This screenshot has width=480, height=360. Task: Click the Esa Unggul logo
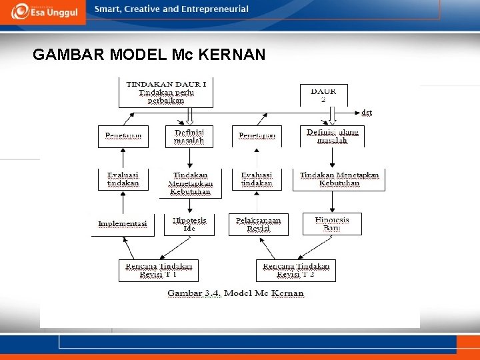[43, 11]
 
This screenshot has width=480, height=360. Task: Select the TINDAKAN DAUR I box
[166, 92]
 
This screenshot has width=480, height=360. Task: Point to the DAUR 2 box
[323, 95]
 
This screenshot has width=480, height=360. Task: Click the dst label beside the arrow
[367, 112]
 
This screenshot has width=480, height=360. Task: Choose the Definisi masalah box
[189, 137]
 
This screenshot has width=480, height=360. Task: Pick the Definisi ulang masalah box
[332, 137]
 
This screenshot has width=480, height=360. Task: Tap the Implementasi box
[123, 224]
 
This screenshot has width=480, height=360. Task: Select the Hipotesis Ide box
[189, 224]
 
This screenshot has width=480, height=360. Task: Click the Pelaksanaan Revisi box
[258, 224]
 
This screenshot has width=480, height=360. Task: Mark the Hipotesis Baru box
[331, 224]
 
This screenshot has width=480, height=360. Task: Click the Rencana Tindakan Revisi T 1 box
[159, 270]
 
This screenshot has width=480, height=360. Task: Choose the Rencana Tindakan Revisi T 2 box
[296, 270]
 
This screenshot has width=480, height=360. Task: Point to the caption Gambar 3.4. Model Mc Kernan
[235, 293]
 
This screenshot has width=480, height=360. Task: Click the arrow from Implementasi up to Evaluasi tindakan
[123, 203]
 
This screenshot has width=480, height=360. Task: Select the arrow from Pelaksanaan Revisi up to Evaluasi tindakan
[257, 203]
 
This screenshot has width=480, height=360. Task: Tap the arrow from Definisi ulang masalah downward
[332, 157]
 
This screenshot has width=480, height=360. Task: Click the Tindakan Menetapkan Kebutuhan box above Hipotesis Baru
[339, 179]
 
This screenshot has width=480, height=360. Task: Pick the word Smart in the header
[107, 9]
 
